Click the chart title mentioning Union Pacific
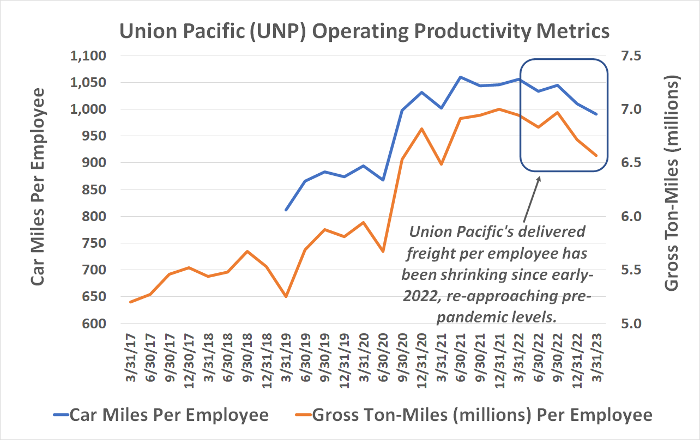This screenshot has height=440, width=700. [364, 31]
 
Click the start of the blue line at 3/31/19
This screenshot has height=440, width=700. [286, 210]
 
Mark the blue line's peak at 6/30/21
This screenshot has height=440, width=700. [461, 77]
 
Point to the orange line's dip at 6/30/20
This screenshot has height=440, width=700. [383, 251]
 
